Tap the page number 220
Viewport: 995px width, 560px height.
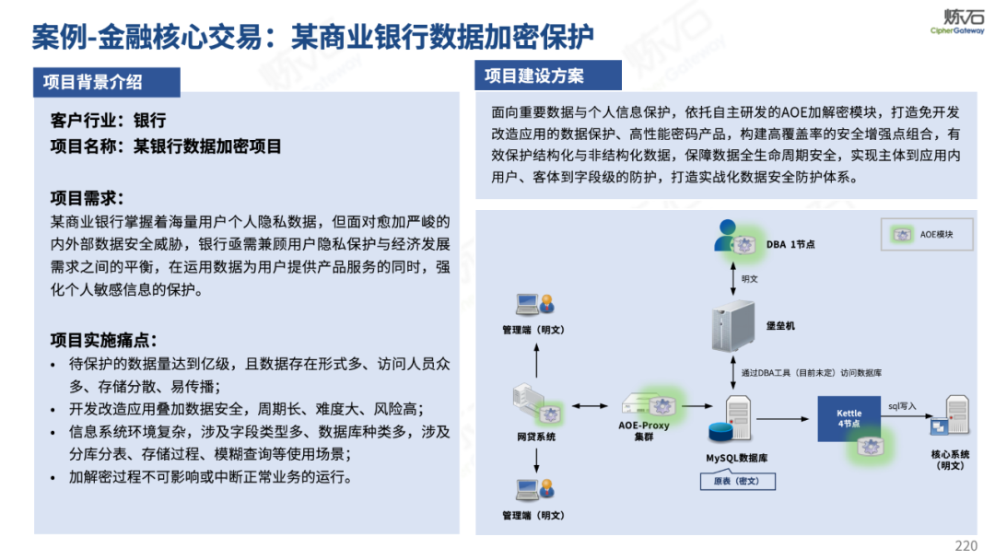pos(966,546)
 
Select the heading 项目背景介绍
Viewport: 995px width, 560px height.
pos(93,82)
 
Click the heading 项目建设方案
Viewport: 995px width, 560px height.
pos(534,76)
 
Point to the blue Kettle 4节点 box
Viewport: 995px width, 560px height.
pos(849,417)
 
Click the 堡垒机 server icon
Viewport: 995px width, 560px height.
pos(733,326)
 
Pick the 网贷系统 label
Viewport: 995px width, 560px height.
pos(535,437)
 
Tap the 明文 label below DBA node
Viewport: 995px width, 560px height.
pos(749,278)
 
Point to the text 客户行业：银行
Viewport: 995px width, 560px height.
pos(110,121)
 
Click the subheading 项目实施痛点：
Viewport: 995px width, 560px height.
pos(104,340)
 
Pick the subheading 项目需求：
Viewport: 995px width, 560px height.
pos(88,198)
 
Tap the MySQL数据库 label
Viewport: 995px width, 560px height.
pos(737,458)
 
